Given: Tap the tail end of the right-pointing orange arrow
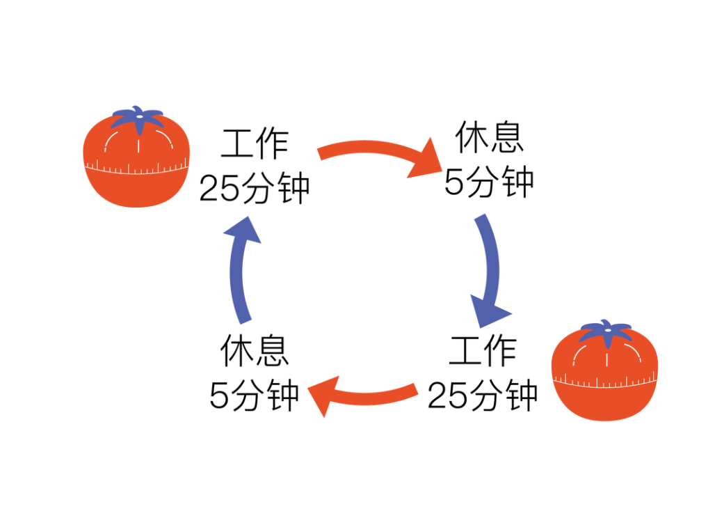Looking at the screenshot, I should [321, 153].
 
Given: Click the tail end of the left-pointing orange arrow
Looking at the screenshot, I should [416, 389].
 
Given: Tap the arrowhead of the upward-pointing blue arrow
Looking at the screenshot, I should [243, 230].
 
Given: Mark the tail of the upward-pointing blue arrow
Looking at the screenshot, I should [245, 319].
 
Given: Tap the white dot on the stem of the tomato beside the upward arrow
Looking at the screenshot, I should [139, 116].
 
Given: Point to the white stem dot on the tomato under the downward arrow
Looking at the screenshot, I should [608, 330].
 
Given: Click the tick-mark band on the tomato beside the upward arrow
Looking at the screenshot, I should [136, 169].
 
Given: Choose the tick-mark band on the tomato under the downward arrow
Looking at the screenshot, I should [604, 382].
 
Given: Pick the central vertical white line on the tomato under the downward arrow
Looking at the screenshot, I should [606, 359].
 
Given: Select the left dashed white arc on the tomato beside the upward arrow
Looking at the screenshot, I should [109, 140].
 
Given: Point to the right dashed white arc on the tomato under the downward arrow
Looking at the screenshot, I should [634, 352].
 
